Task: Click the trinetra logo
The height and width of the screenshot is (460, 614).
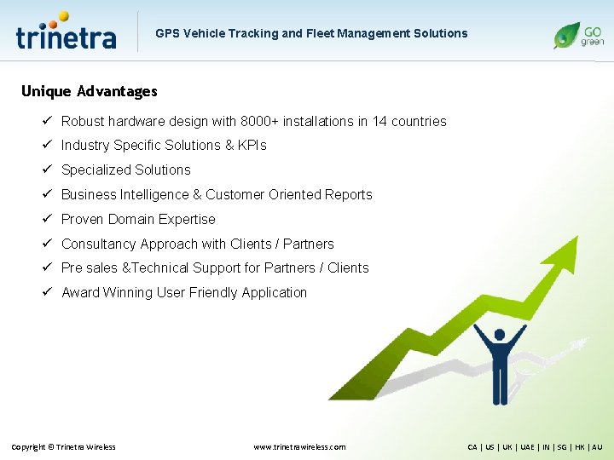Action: click(x=66, y=32)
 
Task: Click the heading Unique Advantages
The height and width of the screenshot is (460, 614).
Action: click(x=89, y=91)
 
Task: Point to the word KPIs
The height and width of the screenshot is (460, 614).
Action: click(x=252, y=146)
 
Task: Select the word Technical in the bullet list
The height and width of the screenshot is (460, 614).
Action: click(x=159, y=267)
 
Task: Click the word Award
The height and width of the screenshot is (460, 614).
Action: click(x=80, y=292)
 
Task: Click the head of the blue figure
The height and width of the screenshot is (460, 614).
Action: click(x=500, y=334)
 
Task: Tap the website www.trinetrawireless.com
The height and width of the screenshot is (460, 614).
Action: click(x=300, y=447)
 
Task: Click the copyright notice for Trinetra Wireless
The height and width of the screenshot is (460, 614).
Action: click(x=63, y=447)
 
